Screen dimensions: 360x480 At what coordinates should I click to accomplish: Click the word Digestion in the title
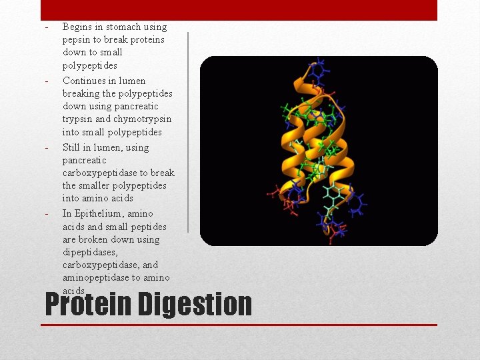(x=196, y=305)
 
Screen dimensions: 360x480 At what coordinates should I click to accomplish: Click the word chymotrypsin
(x=143, y=119)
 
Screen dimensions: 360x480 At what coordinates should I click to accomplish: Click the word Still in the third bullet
(x=72, y=147)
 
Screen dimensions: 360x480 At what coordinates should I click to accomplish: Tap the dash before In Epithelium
(x=46, y=214)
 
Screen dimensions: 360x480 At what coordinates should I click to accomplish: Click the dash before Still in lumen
(x=46, y=148)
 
